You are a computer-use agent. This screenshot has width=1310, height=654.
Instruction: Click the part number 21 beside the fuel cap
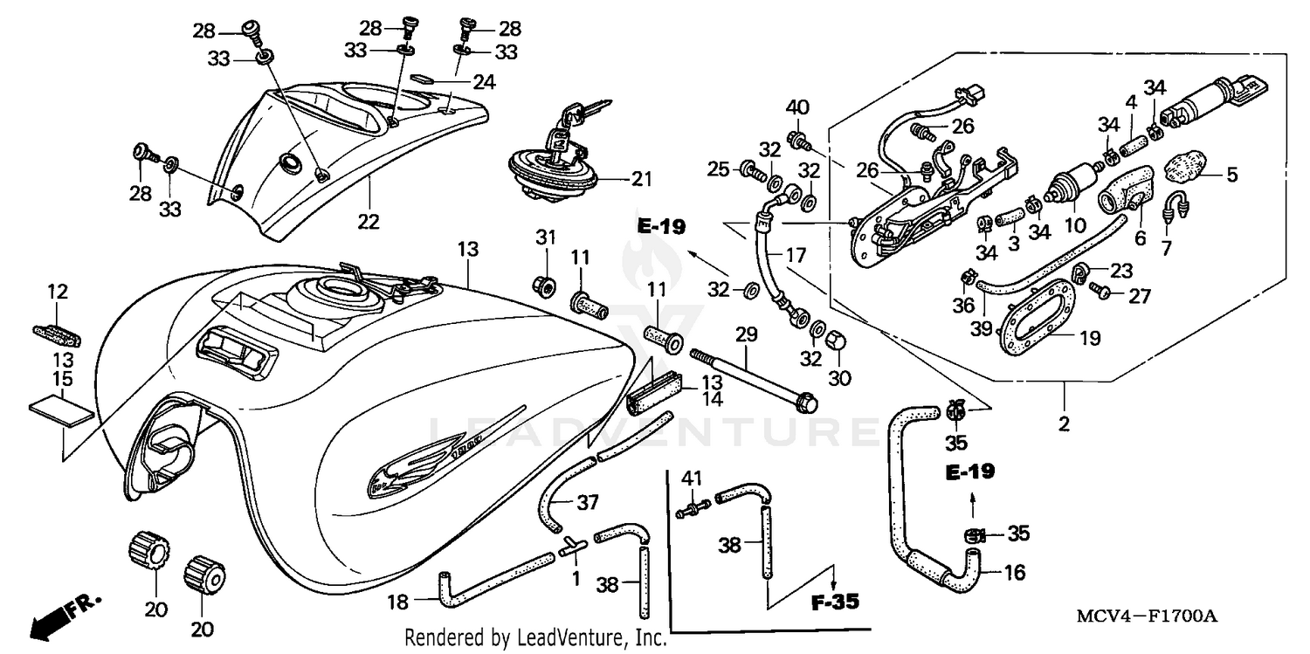(x=642, y=180)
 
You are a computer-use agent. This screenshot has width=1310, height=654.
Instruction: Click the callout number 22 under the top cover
(x=368, y=222)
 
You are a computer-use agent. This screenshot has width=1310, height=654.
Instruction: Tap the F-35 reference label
(x=833, y=602)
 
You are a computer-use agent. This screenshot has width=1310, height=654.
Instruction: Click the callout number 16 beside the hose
(x=1014, y=573)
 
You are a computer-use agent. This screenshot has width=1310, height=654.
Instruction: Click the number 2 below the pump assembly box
(x=1065, y=424)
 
